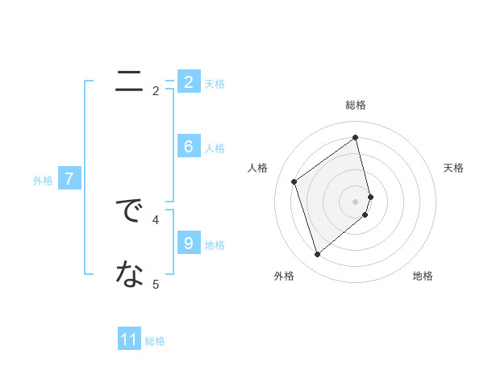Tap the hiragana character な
pyautogui.click(x=129, y=275)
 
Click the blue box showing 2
pyautogui.click(x=188, y=81)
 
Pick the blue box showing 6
pyautogui.click(x=188, y=147)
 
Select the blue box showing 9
pyautogui.click(x=188, y=243)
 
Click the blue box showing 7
pyautogui.click(x=69, y=179)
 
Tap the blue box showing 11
pyautogui.click(x=129, y=339)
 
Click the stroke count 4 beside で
pyautogui.click(x=156, y=219)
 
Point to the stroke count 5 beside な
pyautogui.click(x=156, y=284)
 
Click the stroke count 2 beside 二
pyautogui.click(x=156, y=91)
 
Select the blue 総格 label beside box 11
pyautogui.click(x=155, y=341)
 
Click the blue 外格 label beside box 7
pyautogui.click(x=43, y=181)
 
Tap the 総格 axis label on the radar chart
pyautogui.click(x=356, y=105)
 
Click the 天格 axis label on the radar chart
pyautogui.click(x=453, y=168)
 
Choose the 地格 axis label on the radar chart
pyautogui.click(x=423, y=276)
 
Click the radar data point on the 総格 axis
pyautogui.click(x=356, y=138)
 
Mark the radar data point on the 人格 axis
pyautogui.click(x=294, y=181)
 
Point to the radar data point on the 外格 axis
pyautogui.click(x=317, y=255)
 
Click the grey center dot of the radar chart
pyautogui.click(x=356, y=201)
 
